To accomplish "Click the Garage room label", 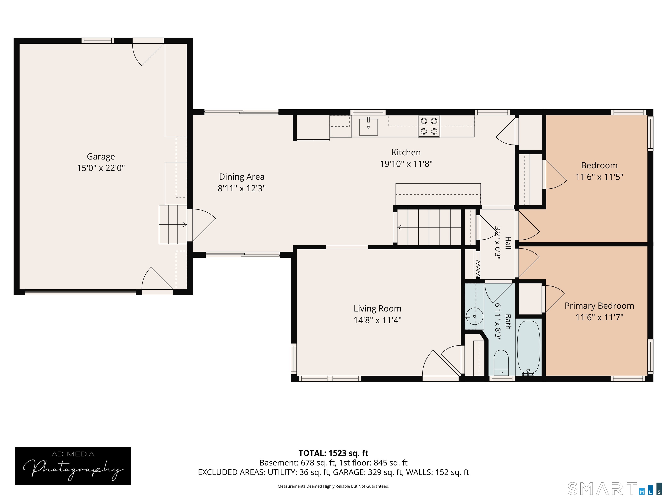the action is tap(101, 157).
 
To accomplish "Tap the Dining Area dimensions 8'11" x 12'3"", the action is tap(241, 188).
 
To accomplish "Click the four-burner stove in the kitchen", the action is tap(429, 126).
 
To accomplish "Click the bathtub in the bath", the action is tap(529, 348).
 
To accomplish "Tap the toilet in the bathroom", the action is tap(501, 363).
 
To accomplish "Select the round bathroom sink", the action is tap(474, 316).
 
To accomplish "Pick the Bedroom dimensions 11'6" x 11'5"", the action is tap(599, 177).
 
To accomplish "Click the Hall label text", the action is tap(508, 243).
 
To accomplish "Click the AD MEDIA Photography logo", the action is tap(73, 466).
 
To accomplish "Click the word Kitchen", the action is tap(406, 153).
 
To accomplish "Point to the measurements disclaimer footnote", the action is tap(333, 486).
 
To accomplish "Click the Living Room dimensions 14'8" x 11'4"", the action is tap(378, 320).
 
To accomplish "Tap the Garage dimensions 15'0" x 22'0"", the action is tap(101, 168).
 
